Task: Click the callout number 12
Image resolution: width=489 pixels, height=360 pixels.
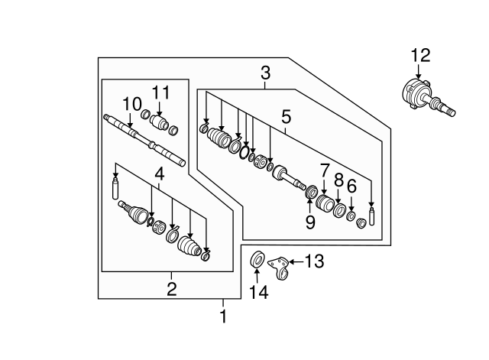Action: click(x=420, y=56)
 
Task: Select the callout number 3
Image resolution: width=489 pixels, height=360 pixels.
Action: click(x=265, y=74)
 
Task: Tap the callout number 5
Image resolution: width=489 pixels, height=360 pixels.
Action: click(x=286, y=117)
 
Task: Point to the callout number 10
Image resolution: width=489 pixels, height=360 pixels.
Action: click(x=131, y=103)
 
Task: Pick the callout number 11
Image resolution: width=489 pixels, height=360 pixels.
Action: click(x=159, y=92)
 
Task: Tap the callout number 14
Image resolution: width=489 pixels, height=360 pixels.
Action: click(x=257, y=291)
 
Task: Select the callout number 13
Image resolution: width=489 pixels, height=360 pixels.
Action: click(x=314, y=262)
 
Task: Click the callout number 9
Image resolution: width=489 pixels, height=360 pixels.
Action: click(x=309, y=222)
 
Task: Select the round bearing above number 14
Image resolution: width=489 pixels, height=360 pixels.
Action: click(x=257, y=259)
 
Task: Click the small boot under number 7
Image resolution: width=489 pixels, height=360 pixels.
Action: click(x=325, y=205)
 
